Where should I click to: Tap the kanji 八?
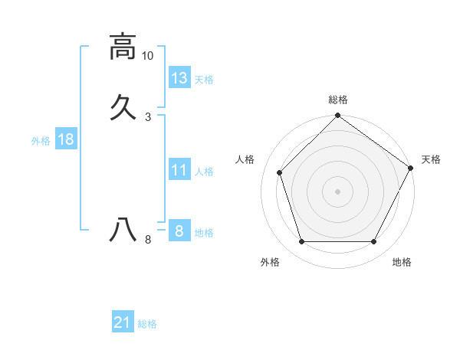coord(123,229)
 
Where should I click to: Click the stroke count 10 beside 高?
coord(148,56)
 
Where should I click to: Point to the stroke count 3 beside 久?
coord(148,117)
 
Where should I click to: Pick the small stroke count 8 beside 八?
coord(148,240)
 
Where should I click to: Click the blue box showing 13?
coord(179,77)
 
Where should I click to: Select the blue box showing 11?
coord(179,170)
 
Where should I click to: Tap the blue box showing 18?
coord(65,139)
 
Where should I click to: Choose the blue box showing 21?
coord(123,322)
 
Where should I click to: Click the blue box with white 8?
coord(179,231)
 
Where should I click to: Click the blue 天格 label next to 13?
coord(204,80)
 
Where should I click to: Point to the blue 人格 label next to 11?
coord(204,172)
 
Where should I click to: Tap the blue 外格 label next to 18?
coord(41,141)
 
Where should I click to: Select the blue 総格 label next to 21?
coord(147,324)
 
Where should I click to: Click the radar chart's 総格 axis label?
coord(338,100)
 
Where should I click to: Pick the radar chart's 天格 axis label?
coord(431,159)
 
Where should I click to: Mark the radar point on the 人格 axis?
coord(280,172)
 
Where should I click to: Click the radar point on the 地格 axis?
coord(373,242)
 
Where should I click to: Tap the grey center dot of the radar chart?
coord(337,191)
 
